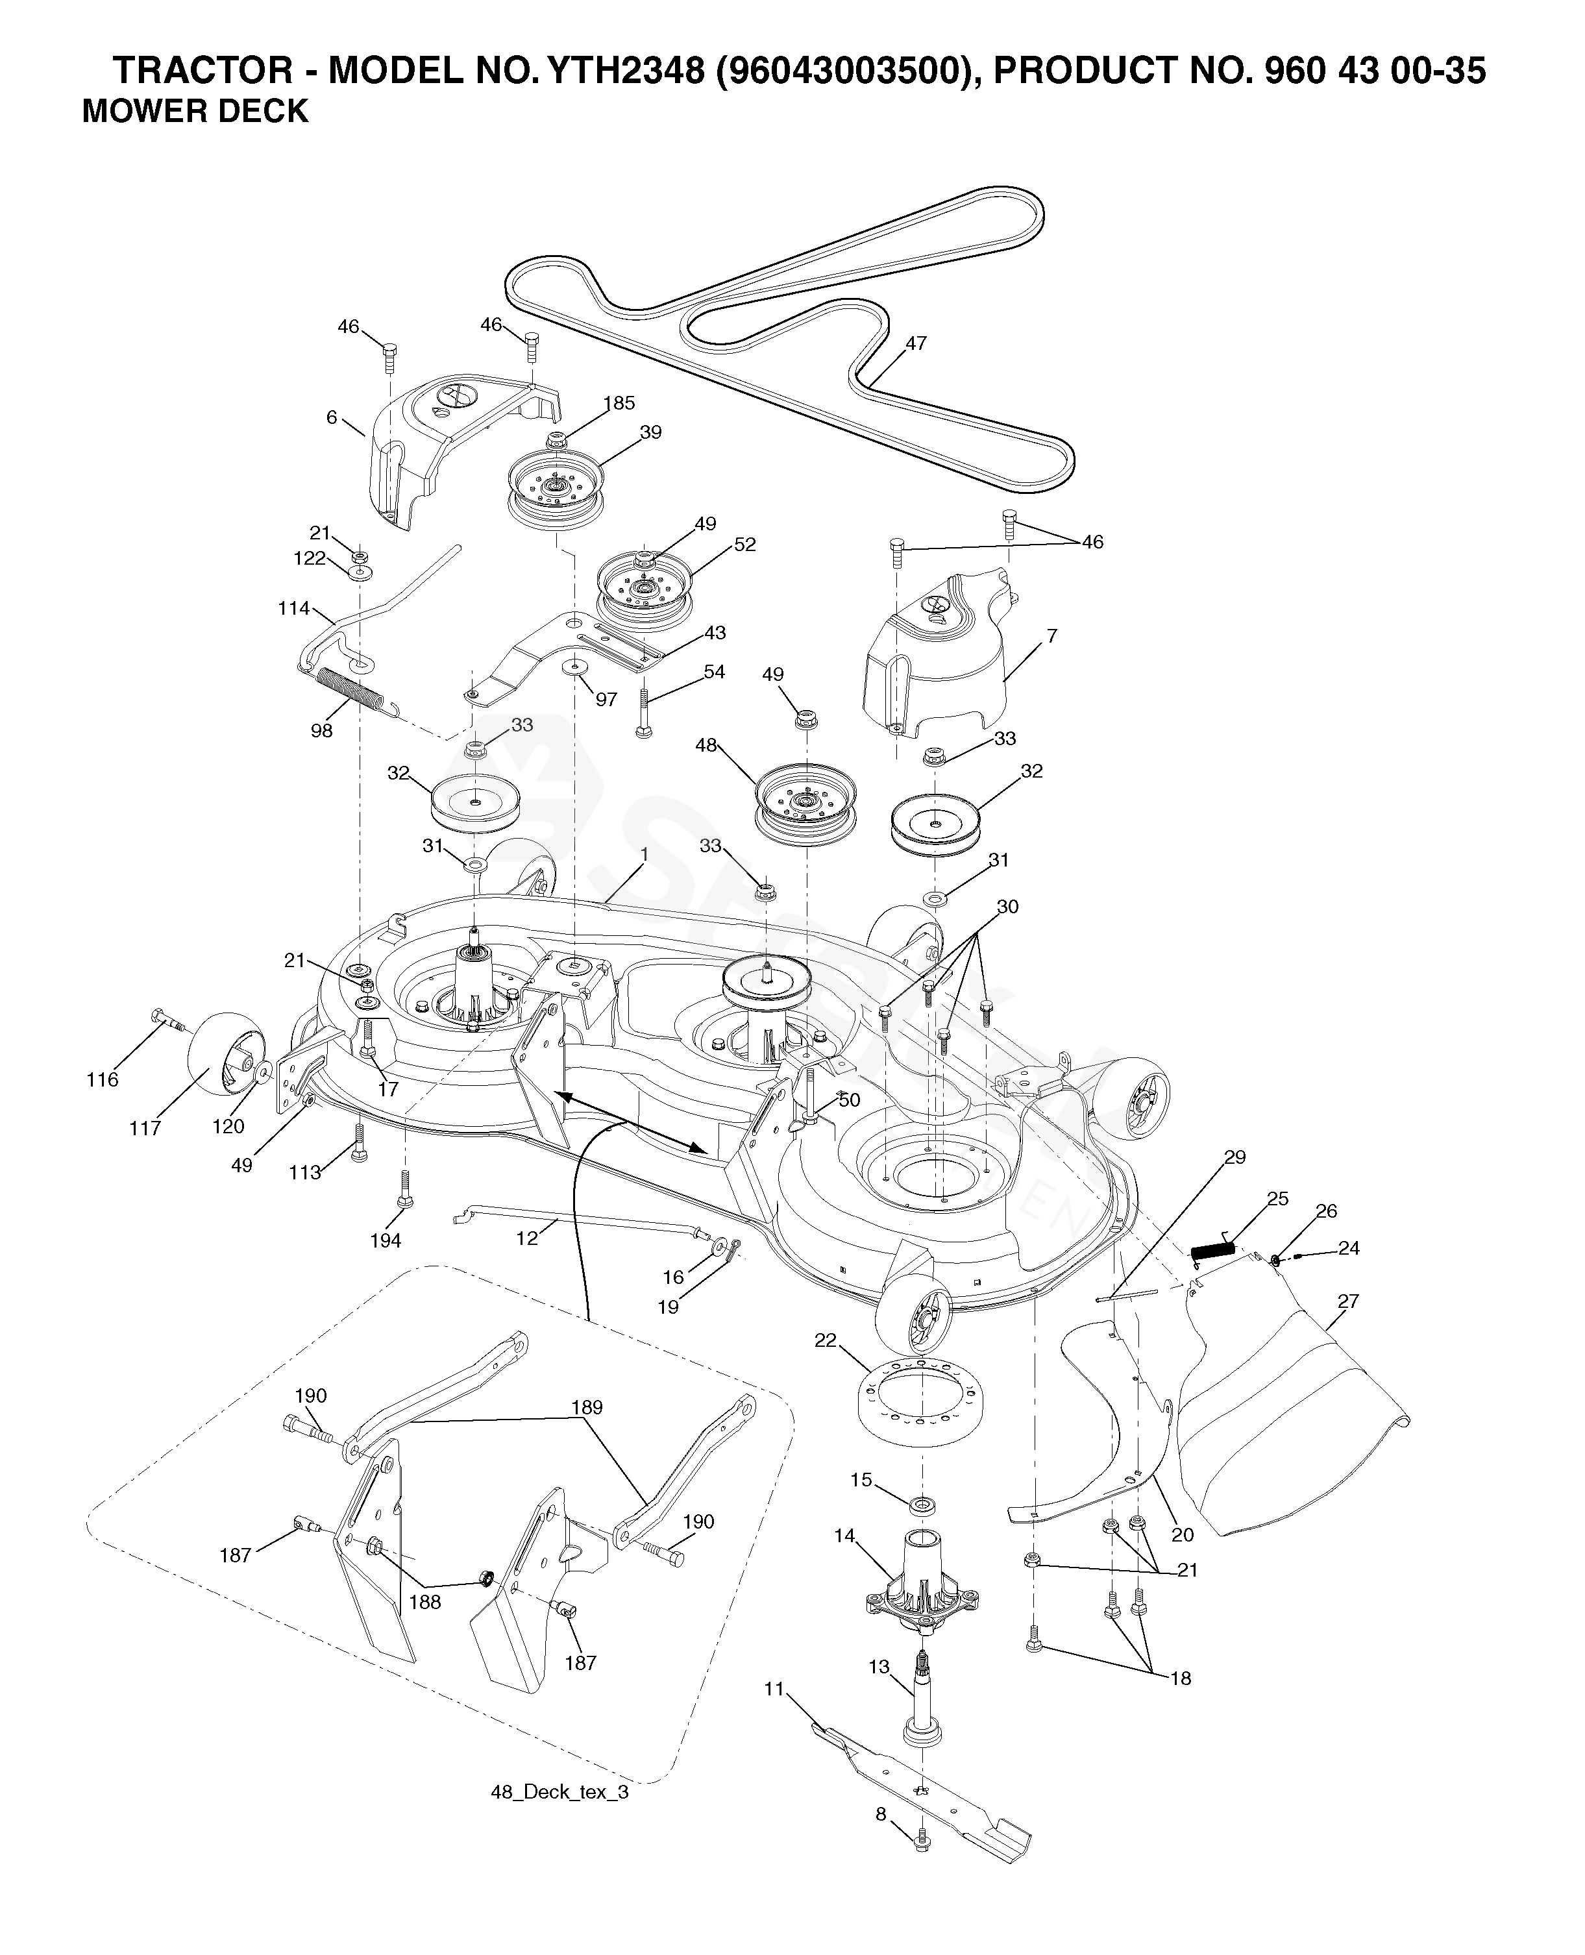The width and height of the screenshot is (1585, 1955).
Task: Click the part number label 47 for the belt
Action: (x=916, y=343)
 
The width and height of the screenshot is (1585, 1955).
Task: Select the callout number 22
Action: (x=826, y=1340)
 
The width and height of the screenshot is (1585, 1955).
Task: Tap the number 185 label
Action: (x=619, y=402)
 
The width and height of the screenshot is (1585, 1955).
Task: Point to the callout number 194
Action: (x=386, y=1240)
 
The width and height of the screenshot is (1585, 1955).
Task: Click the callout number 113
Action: (x=305, y=1172)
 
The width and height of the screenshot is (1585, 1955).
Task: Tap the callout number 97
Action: (x=606, y=700)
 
